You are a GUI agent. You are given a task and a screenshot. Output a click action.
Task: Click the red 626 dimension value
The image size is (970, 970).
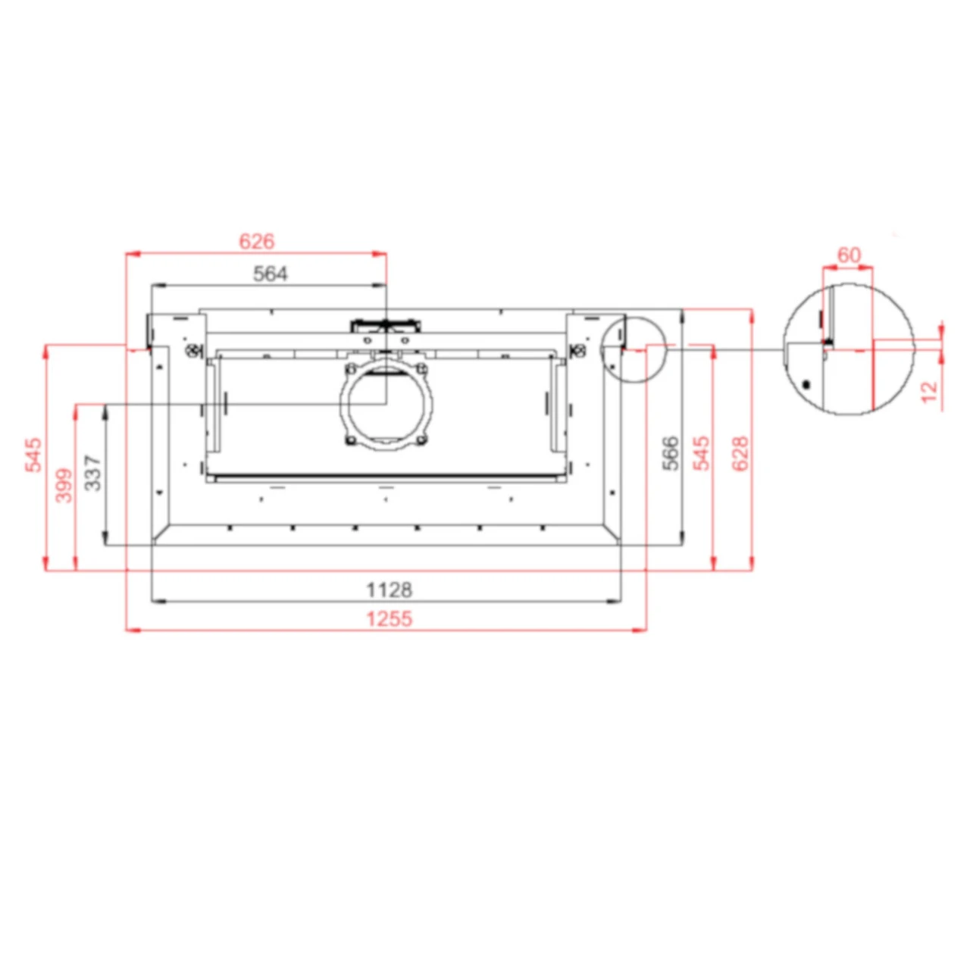click(x=256, y=242)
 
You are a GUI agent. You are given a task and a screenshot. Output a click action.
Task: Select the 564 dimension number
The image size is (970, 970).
click(x=270, y=274)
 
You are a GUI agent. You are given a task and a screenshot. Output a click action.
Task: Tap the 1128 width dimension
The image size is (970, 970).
click(x=389, y=590)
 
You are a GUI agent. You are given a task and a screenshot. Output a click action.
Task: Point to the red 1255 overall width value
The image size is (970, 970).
click(x=389, y=619)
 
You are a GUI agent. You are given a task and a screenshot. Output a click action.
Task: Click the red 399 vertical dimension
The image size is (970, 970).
click(x=65, y=485)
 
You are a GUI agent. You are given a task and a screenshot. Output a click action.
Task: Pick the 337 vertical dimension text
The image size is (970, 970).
click(x=93, y=473)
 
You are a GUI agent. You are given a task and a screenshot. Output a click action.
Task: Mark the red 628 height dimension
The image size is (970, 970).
click(x=740, y=453)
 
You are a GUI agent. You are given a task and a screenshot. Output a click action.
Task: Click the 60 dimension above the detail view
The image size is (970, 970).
click(x=849, y=255)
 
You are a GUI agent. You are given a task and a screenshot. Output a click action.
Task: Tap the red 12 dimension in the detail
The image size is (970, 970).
click(x=929, y=392)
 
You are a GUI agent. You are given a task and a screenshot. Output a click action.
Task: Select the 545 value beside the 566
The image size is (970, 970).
click(x=702, y=453)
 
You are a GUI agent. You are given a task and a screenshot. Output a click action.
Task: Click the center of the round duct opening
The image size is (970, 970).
click(x=386, y=406)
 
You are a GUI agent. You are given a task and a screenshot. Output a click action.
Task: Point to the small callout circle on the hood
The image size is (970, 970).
click(x=632, y=349)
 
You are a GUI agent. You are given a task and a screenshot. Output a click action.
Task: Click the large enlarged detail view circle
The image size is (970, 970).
click(x=848, y=349)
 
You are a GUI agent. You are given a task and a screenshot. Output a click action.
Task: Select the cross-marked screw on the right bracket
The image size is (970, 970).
click(x=580, y=350)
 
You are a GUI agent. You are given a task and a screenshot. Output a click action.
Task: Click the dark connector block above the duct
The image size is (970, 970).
click(x=386, y=327)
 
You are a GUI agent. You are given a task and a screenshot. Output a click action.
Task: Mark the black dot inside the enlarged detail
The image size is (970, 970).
click(x=807, y=384)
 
